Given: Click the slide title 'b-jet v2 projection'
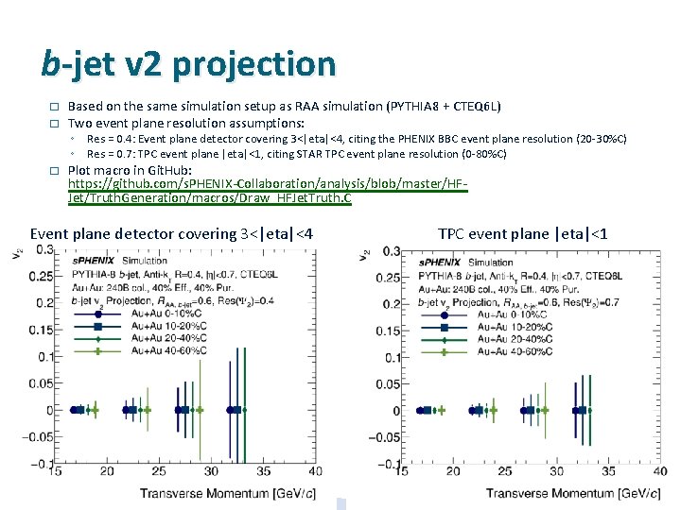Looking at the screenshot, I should (x=188, y=64).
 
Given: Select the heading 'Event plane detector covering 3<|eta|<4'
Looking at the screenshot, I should (x=171, y=233).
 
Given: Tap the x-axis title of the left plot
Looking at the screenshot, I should (x=227, y=493).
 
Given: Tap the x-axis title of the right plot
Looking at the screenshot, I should (x=573, y=493).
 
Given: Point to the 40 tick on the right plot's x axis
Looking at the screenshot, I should (x=660, y=471).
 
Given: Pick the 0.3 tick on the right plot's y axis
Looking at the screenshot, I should (x=389, y=250).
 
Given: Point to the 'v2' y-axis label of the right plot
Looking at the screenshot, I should (x=364, y=255).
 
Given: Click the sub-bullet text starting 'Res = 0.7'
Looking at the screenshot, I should (x=297, y=153).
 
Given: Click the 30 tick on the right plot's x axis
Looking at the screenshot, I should (x=556, y=471).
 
